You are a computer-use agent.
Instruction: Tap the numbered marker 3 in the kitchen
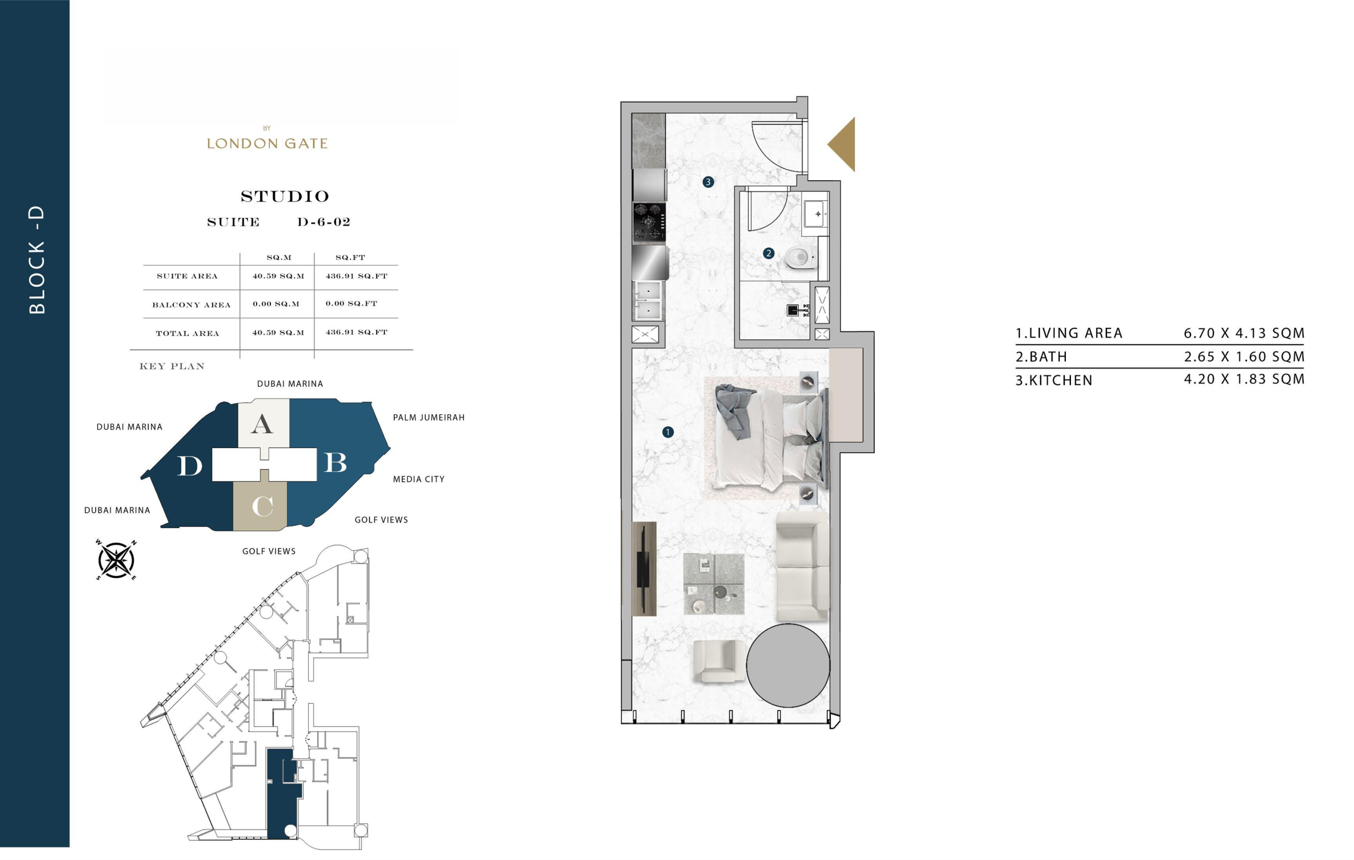coord(708,182)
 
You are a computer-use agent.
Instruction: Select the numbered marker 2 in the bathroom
coord(768,253)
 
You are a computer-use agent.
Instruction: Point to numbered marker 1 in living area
coord(668,432)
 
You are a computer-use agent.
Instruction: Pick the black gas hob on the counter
coord(649,221)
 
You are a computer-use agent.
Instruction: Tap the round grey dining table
coord(788,665)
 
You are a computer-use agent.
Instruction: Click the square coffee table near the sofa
coord(714,584)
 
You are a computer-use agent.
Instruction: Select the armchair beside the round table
coord(715,661)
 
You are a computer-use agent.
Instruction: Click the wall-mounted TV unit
coord(644,569)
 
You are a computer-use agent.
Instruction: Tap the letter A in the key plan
coord(262,425)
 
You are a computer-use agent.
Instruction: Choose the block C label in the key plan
coord(262,506)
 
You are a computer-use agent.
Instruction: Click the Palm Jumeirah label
coord(429,418)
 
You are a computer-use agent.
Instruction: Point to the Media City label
coord(419,479)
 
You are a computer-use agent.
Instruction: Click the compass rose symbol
coord(116,560)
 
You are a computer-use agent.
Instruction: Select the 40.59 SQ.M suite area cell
coord(278,276)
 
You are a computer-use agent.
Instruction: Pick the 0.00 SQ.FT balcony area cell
coord(352,303)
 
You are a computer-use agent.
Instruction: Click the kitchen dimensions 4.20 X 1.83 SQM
coord(1244,379)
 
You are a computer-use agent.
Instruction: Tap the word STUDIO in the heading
coord(285,196)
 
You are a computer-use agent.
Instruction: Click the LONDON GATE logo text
coord(267,144)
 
